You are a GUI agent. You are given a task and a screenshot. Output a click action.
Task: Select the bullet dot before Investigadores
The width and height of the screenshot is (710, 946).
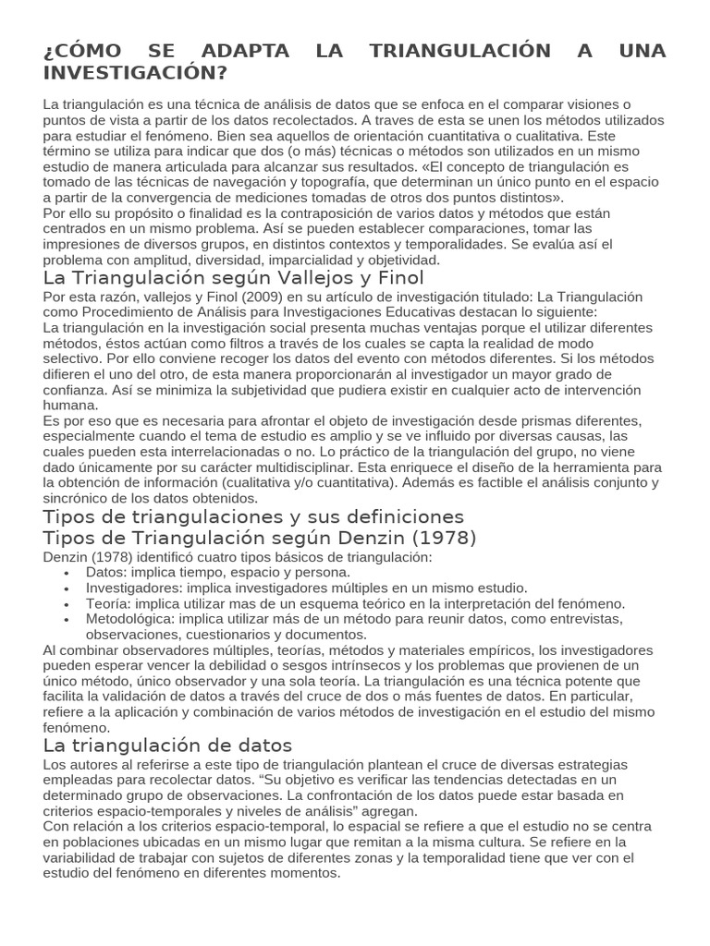67,588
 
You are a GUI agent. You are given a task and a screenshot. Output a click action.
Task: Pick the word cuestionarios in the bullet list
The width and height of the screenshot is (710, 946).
241,634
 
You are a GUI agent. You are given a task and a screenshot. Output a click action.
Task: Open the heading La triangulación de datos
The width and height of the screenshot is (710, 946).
167,745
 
